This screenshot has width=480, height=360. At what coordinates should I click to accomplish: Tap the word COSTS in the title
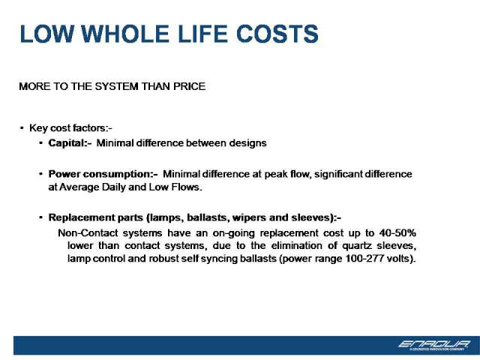coord(277,34)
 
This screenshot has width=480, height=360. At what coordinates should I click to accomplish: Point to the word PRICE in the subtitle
coord(189,86)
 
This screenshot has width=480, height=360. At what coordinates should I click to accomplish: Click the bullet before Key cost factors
coord(22,128)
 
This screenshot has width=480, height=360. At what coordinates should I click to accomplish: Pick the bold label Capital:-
coord(70,143)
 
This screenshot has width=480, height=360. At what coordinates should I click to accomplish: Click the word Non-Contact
coord(88,233)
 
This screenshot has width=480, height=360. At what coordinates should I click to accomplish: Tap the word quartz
coord(357,246)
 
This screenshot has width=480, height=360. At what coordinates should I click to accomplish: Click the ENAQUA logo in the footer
coord(434,345)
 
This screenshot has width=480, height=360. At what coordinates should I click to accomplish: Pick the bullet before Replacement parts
coord(40,217)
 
